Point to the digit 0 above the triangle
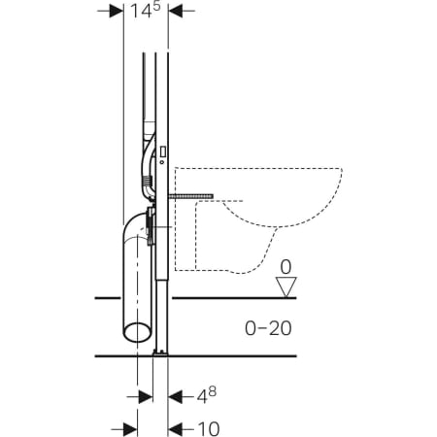285,265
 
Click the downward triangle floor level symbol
285,286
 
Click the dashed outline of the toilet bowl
257,209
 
